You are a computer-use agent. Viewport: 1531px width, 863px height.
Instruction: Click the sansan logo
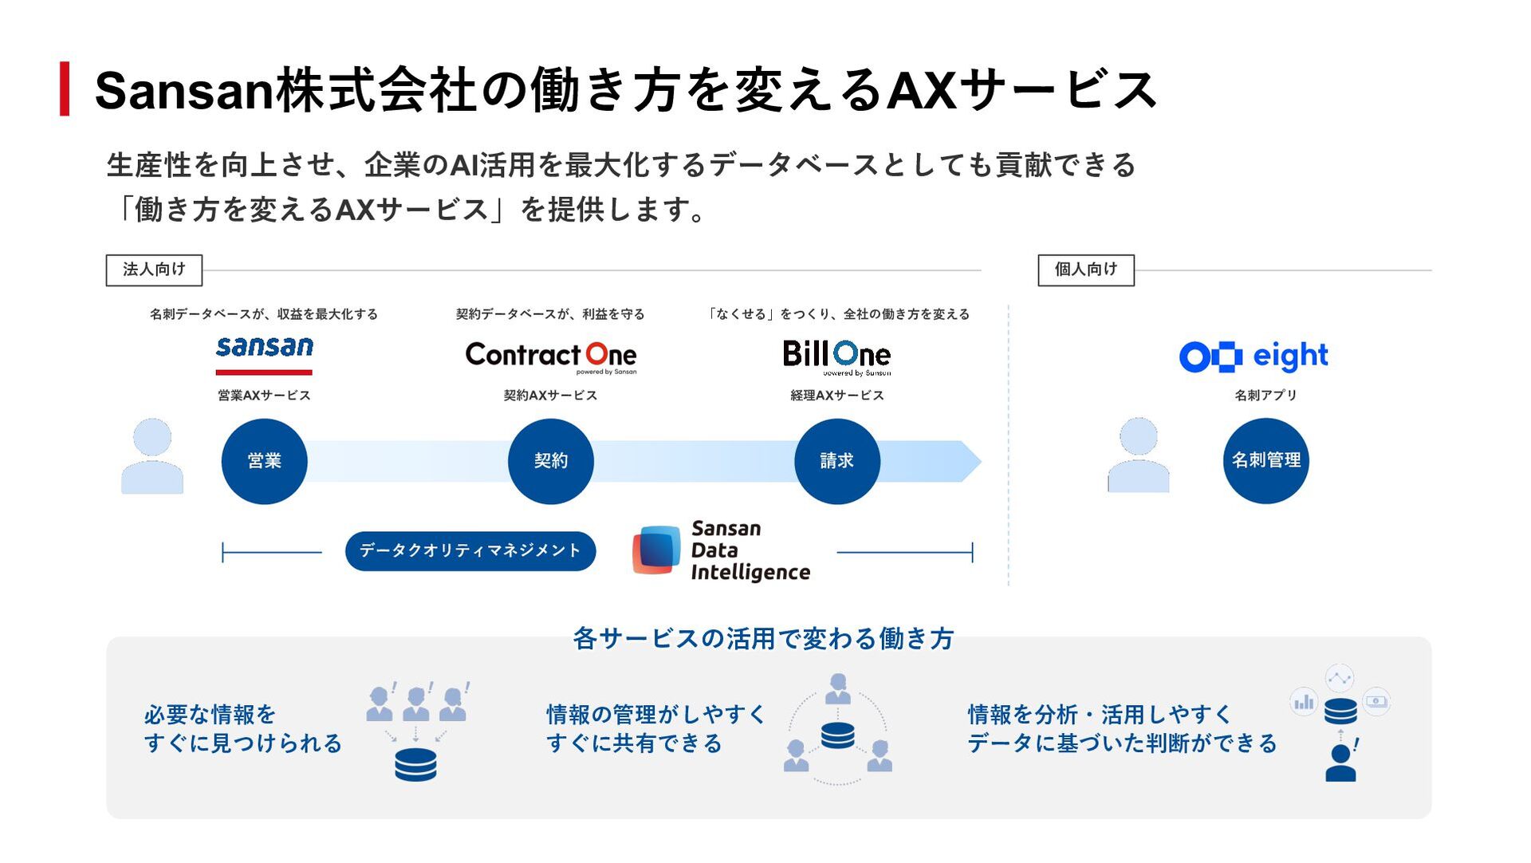[x=264, y=354]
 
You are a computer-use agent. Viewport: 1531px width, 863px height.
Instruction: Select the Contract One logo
[x=551, y=357]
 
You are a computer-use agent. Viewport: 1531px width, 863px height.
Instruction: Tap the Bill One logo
[x=836, y=357]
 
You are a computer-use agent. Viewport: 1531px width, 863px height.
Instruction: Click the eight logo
[x=1254, y=356]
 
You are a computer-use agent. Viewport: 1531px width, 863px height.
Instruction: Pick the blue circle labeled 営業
[x=264, y=461]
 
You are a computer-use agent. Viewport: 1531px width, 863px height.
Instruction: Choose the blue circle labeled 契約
[x=550, y=461]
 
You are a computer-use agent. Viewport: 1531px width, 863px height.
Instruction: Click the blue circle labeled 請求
[x=837, y=461]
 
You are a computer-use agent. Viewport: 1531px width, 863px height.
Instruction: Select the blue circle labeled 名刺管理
[x=1265, y=460]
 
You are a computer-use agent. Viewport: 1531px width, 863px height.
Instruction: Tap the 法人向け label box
[x=154, y=270]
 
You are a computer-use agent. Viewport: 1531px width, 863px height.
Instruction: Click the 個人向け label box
[x=1086, y=270]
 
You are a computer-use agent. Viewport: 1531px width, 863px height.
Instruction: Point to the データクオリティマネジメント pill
[x=470, y=551]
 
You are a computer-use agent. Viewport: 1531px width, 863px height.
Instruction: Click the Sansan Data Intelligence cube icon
[x=656, y=550]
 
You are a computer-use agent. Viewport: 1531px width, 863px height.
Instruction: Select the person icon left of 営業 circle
[x=152, y=456]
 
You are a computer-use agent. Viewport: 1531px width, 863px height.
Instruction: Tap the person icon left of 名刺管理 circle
[x=1139, y=455]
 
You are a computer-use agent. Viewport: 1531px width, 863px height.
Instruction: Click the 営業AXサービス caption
[x=264, y=396]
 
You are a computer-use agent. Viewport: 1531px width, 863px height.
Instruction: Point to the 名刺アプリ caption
[x=1265, y=396]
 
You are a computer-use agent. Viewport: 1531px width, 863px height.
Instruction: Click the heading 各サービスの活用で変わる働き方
[x=763, y=639]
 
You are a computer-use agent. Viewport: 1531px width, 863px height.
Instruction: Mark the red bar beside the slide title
[x=65, y=89]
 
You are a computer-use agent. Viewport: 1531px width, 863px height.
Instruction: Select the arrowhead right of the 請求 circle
[x=971, y=461]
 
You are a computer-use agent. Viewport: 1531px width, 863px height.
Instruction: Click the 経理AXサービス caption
[x=837, y=396]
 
